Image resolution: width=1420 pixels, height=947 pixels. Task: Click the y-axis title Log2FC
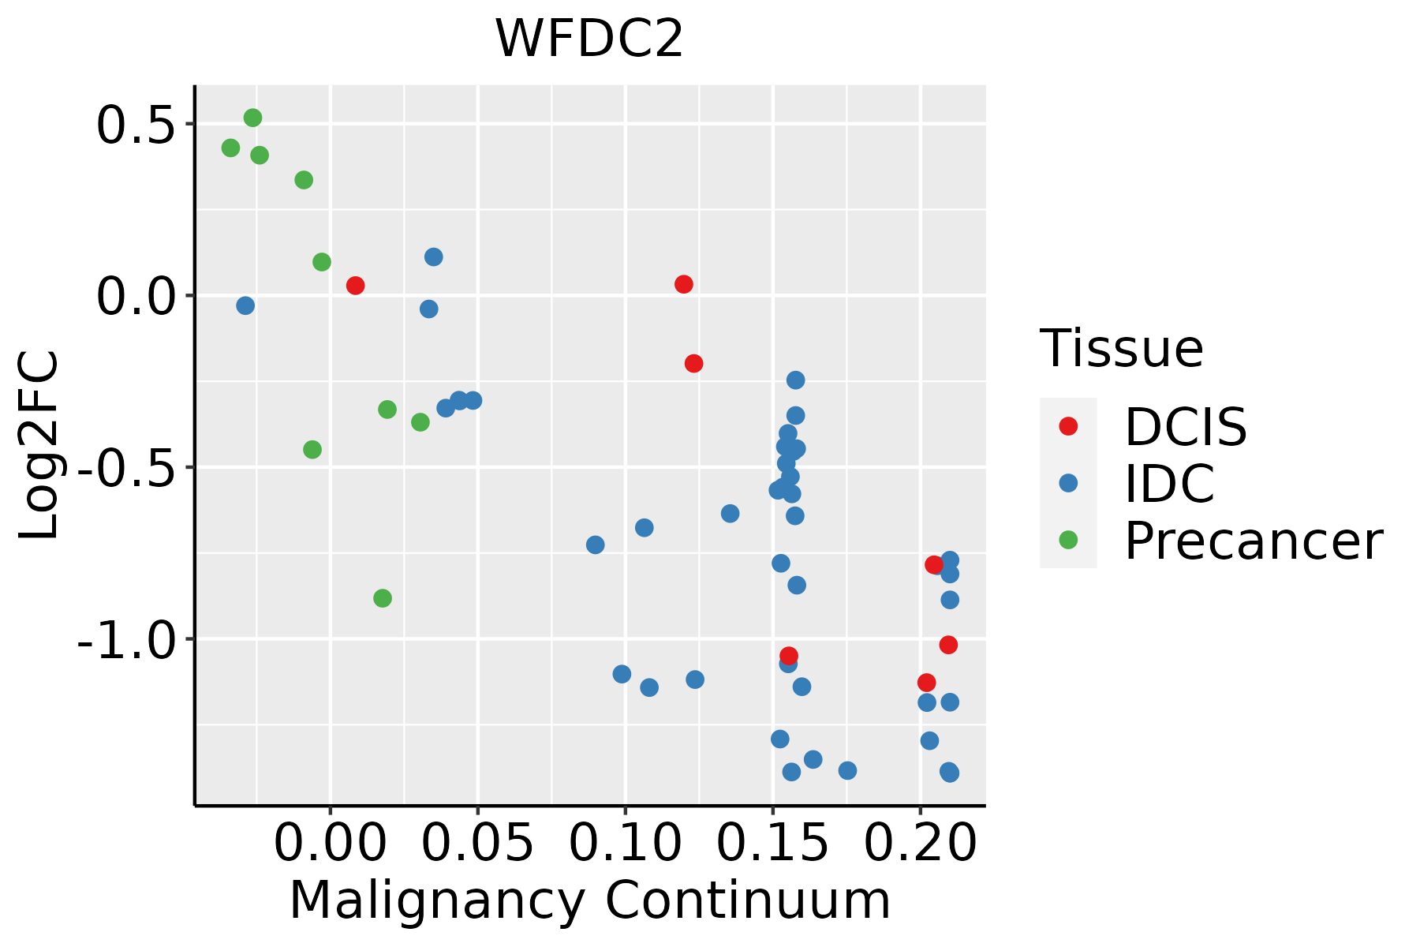coord(39,446)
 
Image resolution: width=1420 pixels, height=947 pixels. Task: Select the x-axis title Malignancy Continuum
coord(590,900)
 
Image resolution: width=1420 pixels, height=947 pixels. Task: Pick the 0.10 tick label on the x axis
coord(624,844)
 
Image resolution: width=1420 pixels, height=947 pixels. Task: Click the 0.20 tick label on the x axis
coord(920,844)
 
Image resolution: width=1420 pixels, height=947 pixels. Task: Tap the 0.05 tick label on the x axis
coord(477,844)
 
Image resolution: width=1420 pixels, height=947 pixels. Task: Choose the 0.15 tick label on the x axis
coord(772,844)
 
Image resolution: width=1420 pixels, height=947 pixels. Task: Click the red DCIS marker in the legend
coord(1068,426)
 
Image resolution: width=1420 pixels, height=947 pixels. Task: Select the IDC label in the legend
coord(1169,484)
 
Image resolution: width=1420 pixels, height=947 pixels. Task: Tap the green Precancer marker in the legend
coord(1068,541)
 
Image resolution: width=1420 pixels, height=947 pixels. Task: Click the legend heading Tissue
coord(1122,348)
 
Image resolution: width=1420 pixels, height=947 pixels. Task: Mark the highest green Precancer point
coord(252,118)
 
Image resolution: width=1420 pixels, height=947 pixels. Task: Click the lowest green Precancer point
coord(383,598)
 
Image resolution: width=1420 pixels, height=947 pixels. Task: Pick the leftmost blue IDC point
coord(245,305)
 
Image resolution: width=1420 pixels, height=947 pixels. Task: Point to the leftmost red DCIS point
coord(355,286)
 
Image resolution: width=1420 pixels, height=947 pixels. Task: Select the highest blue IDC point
coord(433,257)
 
